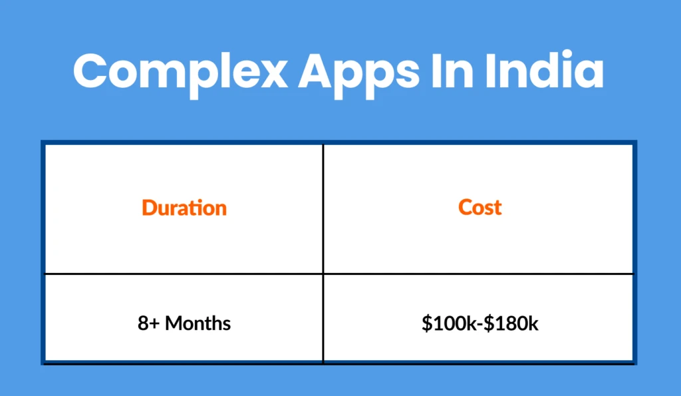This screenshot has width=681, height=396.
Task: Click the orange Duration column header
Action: click(x=184, y=208)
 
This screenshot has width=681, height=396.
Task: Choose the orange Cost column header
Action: click(x=479, y=207)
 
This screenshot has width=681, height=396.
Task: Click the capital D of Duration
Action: click(x=149, y=208)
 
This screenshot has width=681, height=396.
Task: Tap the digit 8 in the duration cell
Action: click(x=144, y=323)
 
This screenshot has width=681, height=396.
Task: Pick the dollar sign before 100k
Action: click(x=426, y=323)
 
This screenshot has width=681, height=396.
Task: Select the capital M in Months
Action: click(x=174, y=323)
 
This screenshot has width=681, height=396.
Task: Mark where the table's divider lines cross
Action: click(x=323, y=274)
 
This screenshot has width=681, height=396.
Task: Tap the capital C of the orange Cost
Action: click(x=466, y=207)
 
